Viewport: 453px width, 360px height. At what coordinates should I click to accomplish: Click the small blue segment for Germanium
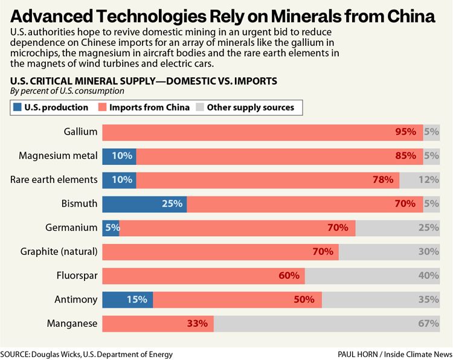[x=111, y=228]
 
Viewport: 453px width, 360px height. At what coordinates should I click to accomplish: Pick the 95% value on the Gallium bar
[x=405, y=132]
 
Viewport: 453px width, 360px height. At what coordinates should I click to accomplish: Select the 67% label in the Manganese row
[x=428, y=323]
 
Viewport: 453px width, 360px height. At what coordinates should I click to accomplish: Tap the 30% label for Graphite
[x=428, y=252]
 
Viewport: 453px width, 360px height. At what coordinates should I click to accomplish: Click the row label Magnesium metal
[x=58, y=156]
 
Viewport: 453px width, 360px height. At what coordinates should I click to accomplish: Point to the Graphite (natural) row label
[x=59, y=252]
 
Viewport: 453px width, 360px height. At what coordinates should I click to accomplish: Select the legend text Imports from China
[x=149, y=108]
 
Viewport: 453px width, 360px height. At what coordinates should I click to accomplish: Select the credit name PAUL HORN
[x=359, y=355]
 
